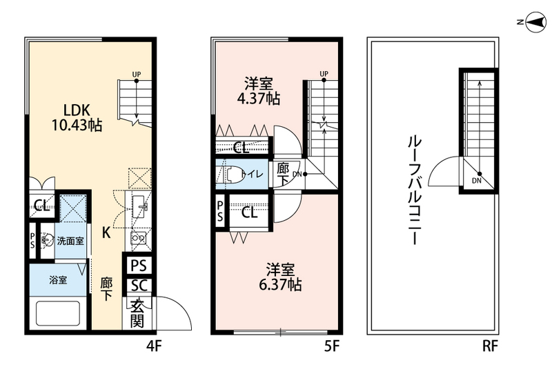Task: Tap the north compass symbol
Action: [532, 23]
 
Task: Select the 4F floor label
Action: [153, 344]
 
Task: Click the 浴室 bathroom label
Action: [57, 281]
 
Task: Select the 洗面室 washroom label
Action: [70, 241]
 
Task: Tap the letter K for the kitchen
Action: [106, 232]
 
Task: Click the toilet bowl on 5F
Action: [231, 175]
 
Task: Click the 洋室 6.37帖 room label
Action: [280, 275]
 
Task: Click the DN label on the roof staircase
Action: [477, 181]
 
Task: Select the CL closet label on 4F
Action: [41, 205]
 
